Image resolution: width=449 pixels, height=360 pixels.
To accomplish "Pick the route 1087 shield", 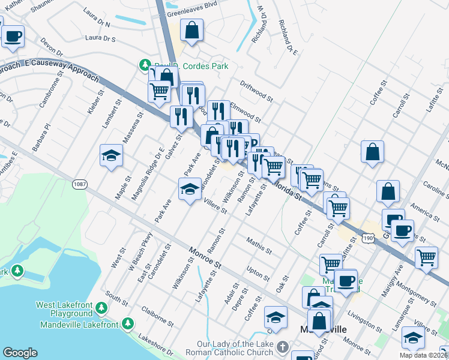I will click(79, 184).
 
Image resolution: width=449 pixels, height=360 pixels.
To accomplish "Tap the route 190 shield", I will click(369, 239).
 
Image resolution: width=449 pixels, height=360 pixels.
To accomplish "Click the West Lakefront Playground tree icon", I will click(101, 308).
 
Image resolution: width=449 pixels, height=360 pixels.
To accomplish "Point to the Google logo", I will click(20, 353).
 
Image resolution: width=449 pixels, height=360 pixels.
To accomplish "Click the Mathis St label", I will click(259, 244).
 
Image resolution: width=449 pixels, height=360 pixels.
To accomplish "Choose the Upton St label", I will click(258, 274).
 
